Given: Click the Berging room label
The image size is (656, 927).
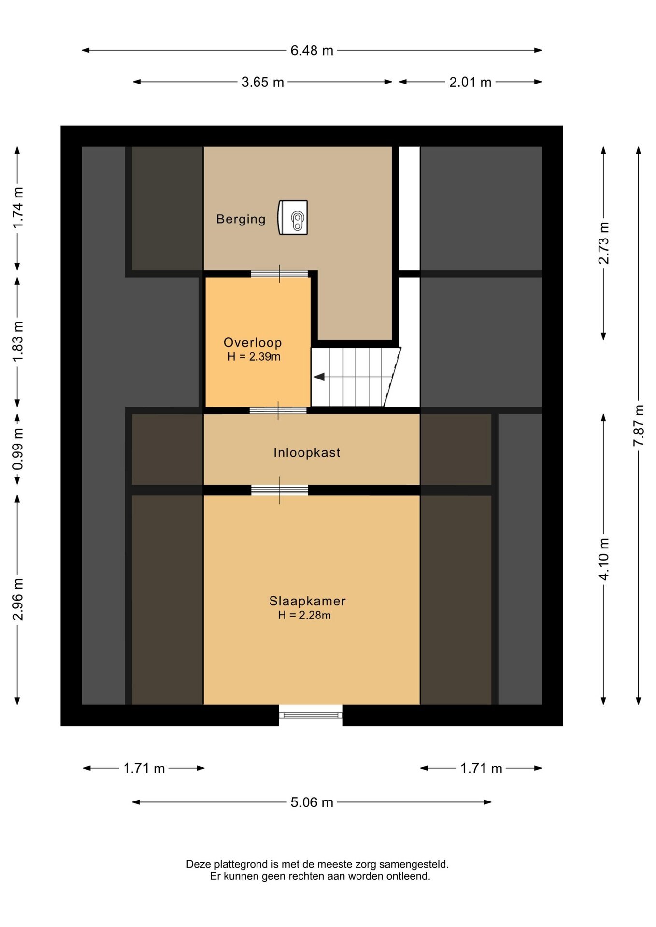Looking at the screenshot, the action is click(x=241, y=219).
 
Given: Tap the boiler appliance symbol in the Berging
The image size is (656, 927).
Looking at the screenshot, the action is click(x=293, y=217).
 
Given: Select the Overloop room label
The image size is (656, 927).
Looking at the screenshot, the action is click(x=253, y=343).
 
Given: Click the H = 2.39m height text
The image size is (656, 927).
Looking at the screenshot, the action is click(x=254, y=357).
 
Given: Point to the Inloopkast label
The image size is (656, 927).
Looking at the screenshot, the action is click(x=307, y=452).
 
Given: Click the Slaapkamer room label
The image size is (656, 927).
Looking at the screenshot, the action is click(x=308, y=601).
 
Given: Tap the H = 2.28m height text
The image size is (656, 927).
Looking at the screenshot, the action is click(x=304, y=615).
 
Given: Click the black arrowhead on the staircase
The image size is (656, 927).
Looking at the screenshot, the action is click(x=319, y=377).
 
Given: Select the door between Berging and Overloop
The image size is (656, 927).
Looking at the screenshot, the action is click(x=279, y=274).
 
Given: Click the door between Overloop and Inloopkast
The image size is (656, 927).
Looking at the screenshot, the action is click(x=278, y=410).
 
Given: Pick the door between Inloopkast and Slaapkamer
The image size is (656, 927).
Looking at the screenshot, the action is click(x=280, y=490).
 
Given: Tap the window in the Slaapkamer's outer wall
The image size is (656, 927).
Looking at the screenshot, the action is click(x=311, y=715).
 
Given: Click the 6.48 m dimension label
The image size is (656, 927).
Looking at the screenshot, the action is click(x=312, y=51).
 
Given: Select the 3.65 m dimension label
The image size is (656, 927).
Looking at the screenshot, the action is click(x=263, y=82).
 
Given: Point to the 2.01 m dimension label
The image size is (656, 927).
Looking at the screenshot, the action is click(x=471, y=82).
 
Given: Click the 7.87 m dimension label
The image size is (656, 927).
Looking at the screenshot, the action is click(x=639, y=425).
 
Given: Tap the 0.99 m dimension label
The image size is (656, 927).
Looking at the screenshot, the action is click(x=18, y=449).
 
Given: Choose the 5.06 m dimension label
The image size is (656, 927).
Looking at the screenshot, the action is click(x=312, y=802).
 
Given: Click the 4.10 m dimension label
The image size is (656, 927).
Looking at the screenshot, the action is click(x=604, y=559).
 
